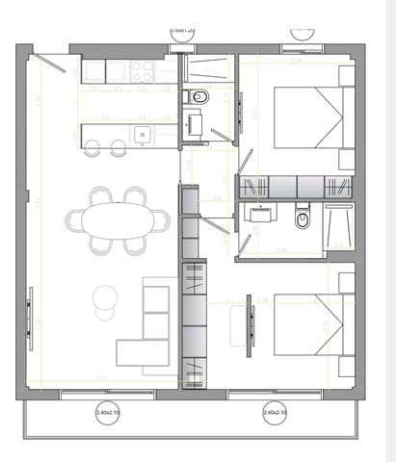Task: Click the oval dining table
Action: point(118,220)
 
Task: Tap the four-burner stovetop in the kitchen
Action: point(143,71)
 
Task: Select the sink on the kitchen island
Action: point(143,135)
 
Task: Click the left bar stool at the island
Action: point(93,148)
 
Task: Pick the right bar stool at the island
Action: point(118,148)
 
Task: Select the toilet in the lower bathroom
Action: point(303,219)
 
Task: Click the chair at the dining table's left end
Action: point(75,220)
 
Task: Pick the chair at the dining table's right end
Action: point(162,220)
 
